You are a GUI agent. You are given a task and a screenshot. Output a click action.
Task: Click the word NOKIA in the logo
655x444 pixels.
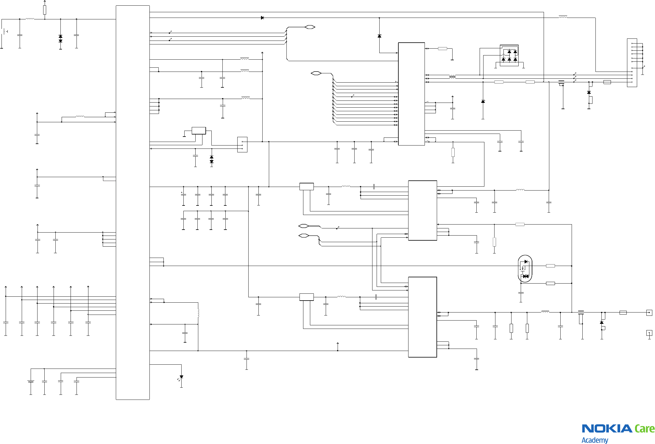(607, 428)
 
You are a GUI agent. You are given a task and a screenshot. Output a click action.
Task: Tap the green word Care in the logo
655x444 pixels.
(645, 428)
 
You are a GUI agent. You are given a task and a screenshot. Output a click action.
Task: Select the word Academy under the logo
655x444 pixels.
(595, 440)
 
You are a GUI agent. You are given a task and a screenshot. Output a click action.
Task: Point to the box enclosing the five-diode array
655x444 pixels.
(509, 55)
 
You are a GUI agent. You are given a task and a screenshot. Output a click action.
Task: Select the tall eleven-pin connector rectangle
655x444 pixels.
(632, 63)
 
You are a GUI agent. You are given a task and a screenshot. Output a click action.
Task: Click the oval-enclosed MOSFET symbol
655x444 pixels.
(525, 269)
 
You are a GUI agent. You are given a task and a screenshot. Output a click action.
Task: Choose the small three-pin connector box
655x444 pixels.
(242, 145)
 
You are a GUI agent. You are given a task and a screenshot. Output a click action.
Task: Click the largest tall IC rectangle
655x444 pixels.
(132, 202)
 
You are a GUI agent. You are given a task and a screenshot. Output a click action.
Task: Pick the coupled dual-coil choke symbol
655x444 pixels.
(452, 77)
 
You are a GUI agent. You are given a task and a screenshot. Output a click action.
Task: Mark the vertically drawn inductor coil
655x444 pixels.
(198, 313)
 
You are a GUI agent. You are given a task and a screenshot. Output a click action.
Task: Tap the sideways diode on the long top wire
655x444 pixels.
(262, 18)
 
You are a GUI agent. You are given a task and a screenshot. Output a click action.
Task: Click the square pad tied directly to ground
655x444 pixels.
(649, 333)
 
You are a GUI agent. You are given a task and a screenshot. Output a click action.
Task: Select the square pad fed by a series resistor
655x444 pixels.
(649, 312)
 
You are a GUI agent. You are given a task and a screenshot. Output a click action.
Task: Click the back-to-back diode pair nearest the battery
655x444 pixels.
(60, 38)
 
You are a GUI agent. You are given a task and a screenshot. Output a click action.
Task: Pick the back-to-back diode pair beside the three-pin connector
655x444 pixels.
(211, 159)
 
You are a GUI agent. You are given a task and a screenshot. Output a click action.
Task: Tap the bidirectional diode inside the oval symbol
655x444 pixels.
(526, 276)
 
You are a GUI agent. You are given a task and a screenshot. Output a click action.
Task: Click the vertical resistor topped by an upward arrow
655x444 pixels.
(45, 10)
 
